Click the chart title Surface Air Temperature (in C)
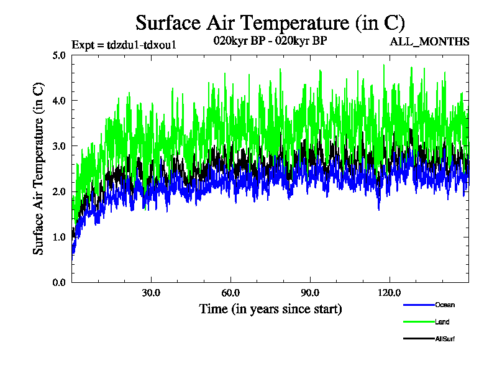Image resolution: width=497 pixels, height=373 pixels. coord(270,23)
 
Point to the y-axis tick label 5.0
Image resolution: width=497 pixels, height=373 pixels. coord(60,55)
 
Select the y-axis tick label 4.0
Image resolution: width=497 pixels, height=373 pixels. coord(60,100)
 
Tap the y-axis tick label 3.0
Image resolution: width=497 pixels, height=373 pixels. coord(60,146)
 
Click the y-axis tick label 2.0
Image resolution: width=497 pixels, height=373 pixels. coord(60,191)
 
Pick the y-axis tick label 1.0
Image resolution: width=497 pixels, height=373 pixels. coord(60,237)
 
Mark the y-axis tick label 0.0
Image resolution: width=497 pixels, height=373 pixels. coord(60,282)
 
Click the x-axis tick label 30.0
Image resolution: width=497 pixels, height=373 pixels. coord(151,293)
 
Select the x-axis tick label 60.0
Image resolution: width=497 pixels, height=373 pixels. coord(230,293)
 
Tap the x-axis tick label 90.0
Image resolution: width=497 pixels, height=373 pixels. coord(310,293)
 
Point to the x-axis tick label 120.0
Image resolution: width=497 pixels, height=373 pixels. coord(390,293)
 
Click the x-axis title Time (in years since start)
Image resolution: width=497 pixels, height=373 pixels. coord(270,308)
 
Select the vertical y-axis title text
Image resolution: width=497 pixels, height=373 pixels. coord(39,168)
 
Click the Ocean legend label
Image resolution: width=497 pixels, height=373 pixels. coord(444,305)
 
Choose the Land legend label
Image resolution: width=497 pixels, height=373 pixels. coord(442,322)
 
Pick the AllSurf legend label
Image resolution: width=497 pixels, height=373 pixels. coord(445,339)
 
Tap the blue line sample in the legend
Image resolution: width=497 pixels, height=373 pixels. coord(418,305)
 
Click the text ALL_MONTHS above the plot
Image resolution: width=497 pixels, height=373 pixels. coord(429,42)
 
